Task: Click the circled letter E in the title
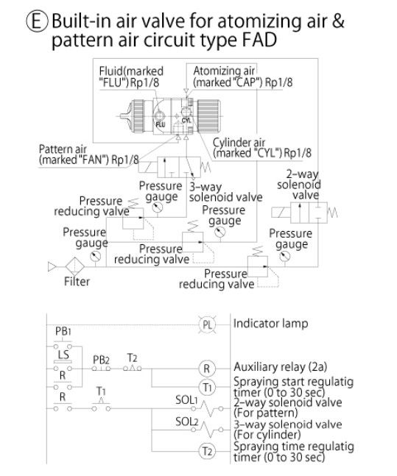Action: pyautogui.click(x=37, y=21)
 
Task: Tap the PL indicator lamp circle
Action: pyautogui.click(x=207, y=324)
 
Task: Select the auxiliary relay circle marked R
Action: pyautogui.click(x=207, y=369)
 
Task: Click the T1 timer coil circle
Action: pyautogui.click(x=207, y=388)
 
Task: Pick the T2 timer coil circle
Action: pyautogui.click(x=207, y=451)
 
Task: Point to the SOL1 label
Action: pyautogui.click(x=186, y=399)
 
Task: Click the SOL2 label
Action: pyautogui.click(x=186, y=422)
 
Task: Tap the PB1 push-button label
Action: pyautogui.click(x=63, y=331)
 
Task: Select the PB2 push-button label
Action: pyautogui.click(x=101, y=360)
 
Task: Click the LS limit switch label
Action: pyautogui.click(x=63, y=354)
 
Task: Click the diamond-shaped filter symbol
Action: pyautogui.click(x=75, y=266)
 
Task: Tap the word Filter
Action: pyautogui.click(x=77, y=282)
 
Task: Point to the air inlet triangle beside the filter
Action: pyautogui.click(x=52, y=267)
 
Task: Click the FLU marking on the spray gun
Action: pyautogui.click(x=160, y=124)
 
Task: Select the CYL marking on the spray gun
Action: pyautogui.click(x=186, y=121)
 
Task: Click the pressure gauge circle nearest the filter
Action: pyautogui.click(x=95, y=257)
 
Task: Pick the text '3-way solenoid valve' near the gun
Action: pyautogui.click(x=225, y=192)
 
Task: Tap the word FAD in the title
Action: pyautogui.click(x=259, y=40)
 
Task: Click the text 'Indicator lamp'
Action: pyautogui.click(x=270, y=324)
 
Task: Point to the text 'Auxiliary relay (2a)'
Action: pyautogui.click(x=281, y=367)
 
